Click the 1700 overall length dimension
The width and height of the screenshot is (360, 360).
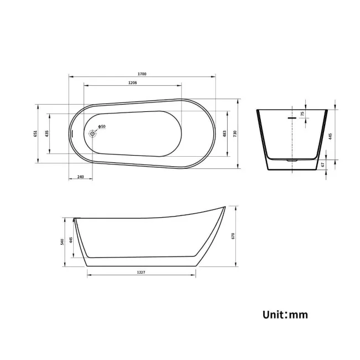point(143,74)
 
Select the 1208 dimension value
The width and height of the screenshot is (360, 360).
point(132,83)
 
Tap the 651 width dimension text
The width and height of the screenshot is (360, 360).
point(35,133)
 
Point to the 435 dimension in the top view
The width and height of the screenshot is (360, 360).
point(47,133)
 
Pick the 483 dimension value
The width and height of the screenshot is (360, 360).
point(225,133)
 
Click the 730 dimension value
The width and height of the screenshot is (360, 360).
point(235,133)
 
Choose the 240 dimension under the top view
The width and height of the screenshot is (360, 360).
point(80,177)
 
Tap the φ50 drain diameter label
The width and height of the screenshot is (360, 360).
point(102,127)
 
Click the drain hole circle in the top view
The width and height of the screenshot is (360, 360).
point(93,133)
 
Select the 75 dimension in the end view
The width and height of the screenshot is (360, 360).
point(302,114)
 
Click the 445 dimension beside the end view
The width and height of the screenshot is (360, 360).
point(330,136)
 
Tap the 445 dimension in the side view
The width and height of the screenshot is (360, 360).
point(71,241)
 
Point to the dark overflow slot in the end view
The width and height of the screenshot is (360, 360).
point(291,117)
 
